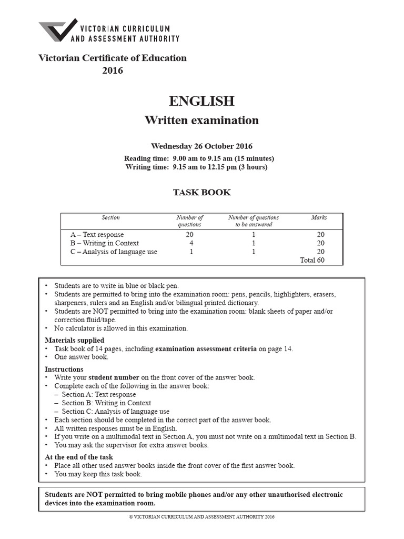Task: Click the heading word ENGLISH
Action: pos(201,101)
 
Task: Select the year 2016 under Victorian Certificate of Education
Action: pos(112,71)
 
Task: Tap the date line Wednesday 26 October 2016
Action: pos(201,146)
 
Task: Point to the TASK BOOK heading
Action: pos(202,192)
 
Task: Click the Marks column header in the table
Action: pos(319,217)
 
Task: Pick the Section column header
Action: pos(110,217)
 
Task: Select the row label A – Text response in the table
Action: pos(97,235)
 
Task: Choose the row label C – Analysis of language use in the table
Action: pos(114,252)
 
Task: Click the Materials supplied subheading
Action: pos(74,340)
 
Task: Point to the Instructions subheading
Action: pos(64,369)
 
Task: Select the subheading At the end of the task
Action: pos(79,457)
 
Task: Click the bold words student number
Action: pos(114,377)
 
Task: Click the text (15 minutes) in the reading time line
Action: pos(251,158)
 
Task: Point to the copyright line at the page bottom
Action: pos(202,516)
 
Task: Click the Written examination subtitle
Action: pos(201,120)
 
